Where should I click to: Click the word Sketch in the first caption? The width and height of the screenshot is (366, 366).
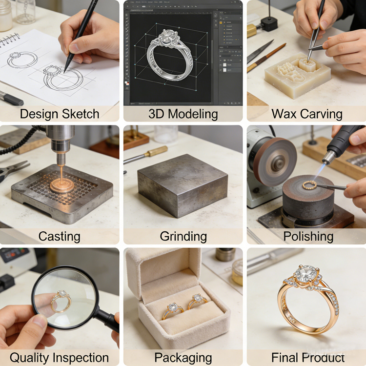pos(81,114)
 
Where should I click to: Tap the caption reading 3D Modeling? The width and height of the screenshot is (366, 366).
pos(183,114)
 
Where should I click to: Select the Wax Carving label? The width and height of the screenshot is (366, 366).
pos(307,114)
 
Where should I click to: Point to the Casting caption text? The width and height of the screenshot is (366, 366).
pos(59,237)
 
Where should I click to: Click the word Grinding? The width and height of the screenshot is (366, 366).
pos(183,237)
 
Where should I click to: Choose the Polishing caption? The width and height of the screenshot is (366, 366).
pos(308,237)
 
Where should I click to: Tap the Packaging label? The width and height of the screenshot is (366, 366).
pos(183,358)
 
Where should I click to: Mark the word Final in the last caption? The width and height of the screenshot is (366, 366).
pos(285,357)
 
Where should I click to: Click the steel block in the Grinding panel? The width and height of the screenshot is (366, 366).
pos(183,185)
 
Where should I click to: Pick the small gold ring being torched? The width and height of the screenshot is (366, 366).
pos(309,185)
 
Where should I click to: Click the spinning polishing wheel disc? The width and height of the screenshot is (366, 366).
pos(275,162)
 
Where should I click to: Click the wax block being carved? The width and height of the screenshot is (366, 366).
pos(297,76)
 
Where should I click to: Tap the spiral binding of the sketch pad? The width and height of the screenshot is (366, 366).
pos(9,39)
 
